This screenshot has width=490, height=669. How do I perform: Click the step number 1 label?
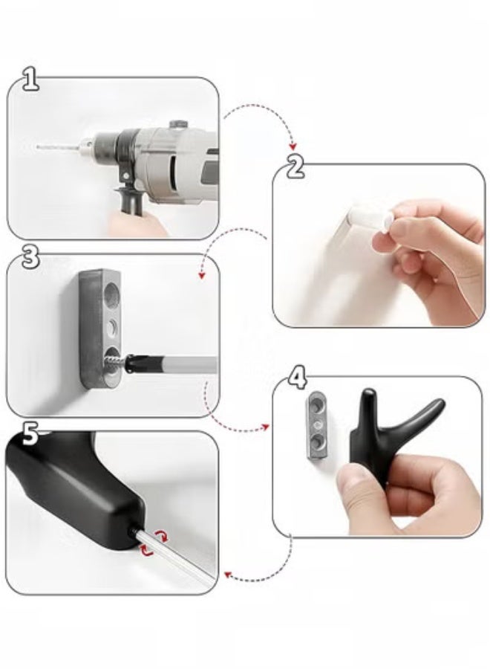30,80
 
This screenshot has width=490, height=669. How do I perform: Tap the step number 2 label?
295,167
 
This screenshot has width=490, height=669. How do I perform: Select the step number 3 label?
30,257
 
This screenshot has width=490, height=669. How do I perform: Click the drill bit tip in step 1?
39,148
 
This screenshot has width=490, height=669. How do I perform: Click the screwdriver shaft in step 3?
186,365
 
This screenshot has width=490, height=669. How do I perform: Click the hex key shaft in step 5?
178,557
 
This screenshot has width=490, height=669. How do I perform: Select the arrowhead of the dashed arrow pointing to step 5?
226,574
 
